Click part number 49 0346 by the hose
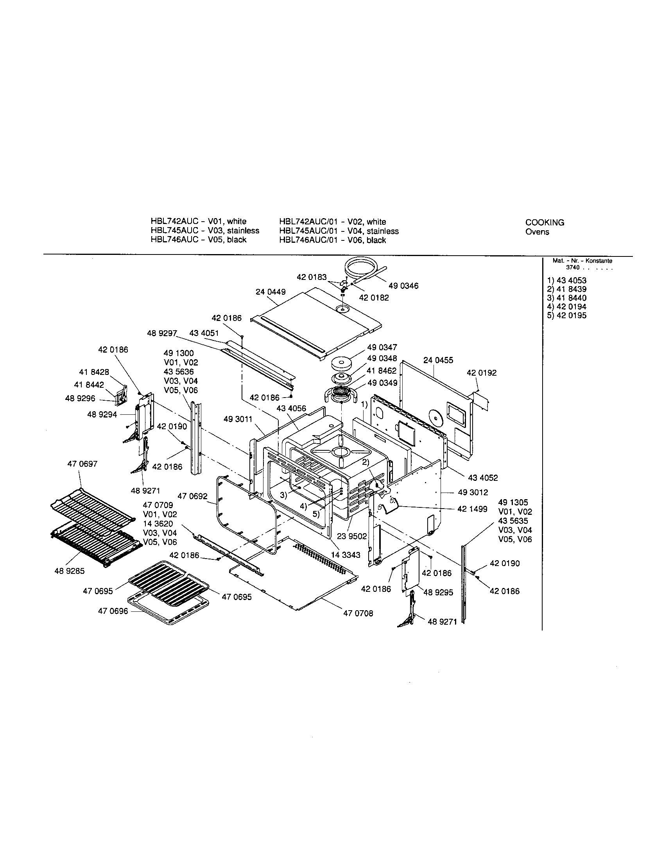(x=403, y=286)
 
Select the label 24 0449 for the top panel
(x=271, y=292)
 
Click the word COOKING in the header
(x=545, y=222)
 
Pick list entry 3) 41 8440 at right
(x=566, y=298)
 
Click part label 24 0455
(x=438, y=360)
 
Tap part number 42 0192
(x=482, y=373)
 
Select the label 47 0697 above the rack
(x=82, y=464)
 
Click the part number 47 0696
(x=113, y=611)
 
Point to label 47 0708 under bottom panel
(x=358, y=613)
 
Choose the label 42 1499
(x=472, y=509)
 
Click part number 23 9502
(x=351, y=537)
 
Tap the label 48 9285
(x=69, y=571)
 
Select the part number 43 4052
(x=483, y=478)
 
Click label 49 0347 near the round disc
(x=382, y=347)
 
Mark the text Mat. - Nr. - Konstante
(x=582, y=261)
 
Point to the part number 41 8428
(x=94, y=372)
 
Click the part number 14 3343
(x=345, y=555)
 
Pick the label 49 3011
(x=238, y=419)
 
